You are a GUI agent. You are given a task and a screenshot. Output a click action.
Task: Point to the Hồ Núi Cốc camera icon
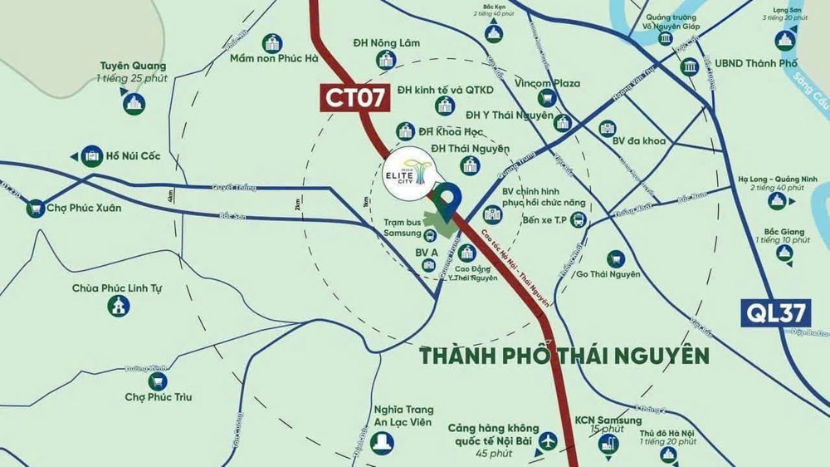click(x=91, y=155)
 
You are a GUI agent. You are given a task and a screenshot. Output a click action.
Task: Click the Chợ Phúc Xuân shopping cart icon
click(x=36, y=208)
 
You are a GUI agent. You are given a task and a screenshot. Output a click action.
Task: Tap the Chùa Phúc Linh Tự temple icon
click(x=119, y=305)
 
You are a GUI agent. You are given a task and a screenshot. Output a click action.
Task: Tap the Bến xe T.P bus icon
click(x=579, y=219)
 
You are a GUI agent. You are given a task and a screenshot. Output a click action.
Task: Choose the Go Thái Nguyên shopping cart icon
click(x=615, y=259)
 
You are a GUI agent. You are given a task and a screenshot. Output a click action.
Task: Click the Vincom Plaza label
click(x=547, y=83)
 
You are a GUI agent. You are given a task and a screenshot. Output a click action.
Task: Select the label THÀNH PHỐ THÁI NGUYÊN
click(x=564, y=356)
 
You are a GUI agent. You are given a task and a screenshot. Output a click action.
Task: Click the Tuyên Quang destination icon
click(x=134, y=103)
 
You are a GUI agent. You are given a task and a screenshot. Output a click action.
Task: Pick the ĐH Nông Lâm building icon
click(x=384, y=59)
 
